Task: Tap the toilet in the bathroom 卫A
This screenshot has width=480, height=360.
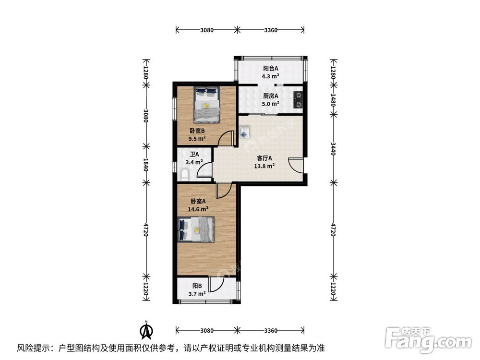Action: point(185,174)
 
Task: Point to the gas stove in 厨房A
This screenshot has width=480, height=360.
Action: point(299,99)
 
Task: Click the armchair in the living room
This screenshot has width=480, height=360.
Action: point(245,132)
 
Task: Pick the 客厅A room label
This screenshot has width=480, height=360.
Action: point(264,158)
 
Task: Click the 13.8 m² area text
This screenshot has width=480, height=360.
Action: point(264,167)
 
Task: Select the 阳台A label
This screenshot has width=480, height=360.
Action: point(270,68)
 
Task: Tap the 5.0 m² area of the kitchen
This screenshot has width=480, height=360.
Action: point(270,104)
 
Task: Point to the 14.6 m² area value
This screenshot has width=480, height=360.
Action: point(198,209)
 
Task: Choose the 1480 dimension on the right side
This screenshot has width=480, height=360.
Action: point(333,100)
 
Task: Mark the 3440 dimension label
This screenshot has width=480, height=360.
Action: point(333,149)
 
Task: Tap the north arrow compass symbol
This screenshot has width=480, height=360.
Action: point(146,331)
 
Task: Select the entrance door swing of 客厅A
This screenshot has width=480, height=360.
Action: point(296,166)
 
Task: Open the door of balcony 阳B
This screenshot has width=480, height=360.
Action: point(217,286)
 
